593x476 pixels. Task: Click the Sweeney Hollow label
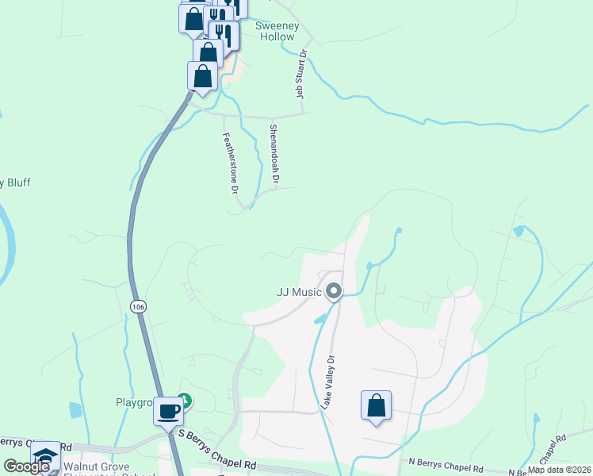tap(277, 31)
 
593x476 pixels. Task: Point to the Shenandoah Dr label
tap(274, 155)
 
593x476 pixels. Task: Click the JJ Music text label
tap(299, 292)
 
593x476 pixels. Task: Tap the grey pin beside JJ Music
tap(334, 292)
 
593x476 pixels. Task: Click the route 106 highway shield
tap(139, 306)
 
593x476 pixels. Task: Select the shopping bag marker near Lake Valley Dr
tap(377, 406)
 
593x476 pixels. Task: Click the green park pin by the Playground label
tap(185, 401)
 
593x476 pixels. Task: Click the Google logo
tap(27, 466)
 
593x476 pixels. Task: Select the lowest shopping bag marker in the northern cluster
tap(202, 78)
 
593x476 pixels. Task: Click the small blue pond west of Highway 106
tap(75, 409)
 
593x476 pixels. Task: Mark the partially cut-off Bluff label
tap(15, 182)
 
